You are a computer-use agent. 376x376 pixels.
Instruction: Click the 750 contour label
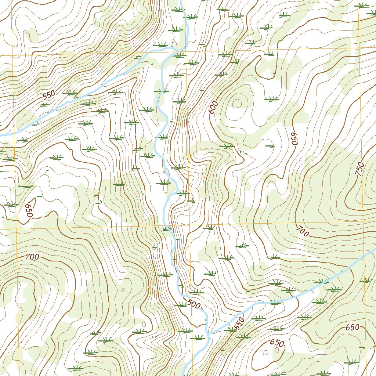(360, 169)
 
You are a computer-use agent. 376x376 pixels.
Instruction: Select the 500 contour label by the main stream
(194, 304)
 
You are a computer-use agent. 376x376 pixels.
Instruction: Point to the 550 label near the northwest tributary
(48, 95)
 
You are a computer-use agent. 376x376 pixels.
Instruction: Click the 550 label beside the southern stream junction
(239, 323)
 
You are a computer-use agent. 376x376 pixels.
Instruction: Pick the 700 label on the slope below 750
(302, 231)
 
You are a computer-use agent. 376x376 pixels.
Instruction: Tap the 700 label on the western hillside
(32, 257)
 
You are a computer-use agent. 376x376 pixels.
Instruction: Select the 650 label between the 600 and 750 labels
(294, 139)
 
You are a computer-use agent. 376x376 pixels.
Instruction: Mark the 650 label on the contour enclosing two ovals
(277, 343)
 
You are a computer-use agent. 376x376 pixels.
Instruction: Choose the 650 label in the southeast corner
(352, 328)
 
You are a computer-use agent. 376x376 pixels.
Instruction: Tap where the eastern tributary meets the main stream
(208, 333)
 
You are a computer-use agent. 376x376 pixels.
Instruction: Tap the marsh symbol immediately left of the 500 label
(181, 304)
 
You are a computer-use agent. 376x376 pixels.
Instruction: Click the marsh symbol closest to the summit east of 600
(272, 99)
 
